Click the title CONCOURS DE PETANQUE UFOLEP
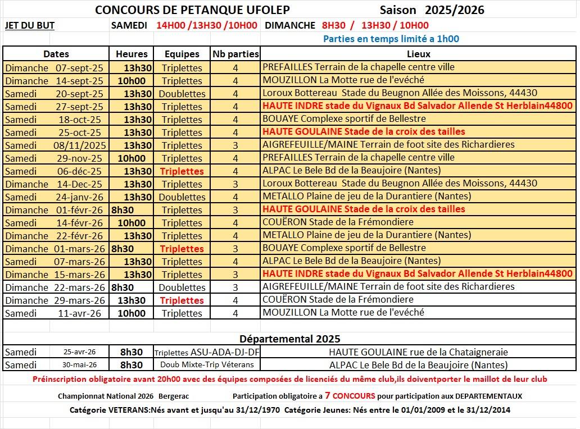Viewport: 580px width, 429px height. pos(193,10)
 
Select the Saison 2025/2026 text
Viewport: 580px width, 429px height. pos(432,10)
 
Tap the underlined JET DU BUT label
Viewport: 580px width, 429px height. pos(30,25)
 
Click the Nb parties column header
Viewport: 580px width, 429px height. pos(235,54)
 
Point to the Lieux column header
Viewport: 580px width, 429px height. pos(418,54)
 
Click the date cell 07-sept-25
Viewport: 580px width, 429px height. pos(79,67)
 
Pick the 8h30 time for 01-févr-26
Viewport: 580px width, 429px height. pos(123,209)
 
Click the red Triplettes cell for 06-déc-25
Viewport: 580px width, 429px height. pos(182,171)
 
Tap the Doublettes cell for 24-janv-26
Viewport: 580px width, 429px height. pos(182,197)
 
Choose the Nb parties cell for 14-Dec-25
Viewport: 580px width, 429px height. pos(235,184)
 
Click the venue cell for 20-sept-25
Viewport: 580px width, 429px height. pos(400,93)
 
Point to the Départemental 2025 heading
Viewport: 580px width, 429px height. pos(289,339)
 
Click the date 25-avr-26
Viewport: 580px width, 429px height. pos(79,352)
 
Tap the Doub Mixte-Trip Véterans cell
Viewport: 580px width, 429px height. pos(207,364)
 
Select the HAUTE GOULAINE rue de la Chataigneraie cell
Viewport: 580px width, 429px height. pos(418,352)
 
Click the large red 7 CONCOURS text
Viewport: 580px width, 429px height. pos(350,395)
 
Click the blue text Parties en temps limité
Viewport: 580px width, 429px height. pos(391,39)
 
